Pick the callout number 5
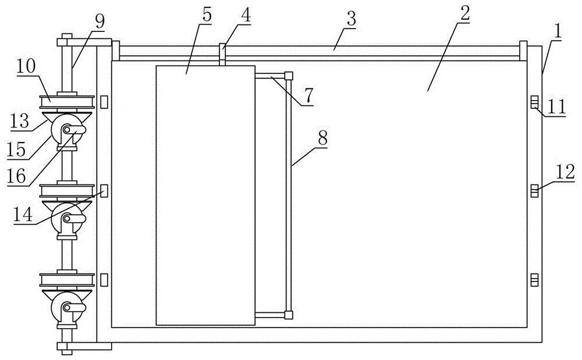[207, 16]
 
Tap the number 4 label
[246, 15]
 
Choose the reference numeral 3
[351, 19]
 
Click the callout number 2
[463, 16]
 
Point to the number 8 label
[323, 139]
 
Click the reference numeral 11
[557, 106]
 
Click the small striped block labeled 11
[534, 103]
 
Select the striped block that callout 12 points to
[534, 190]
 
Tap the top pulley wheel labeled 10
[66, 102]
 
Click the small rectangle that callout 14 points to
[104, 191]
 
